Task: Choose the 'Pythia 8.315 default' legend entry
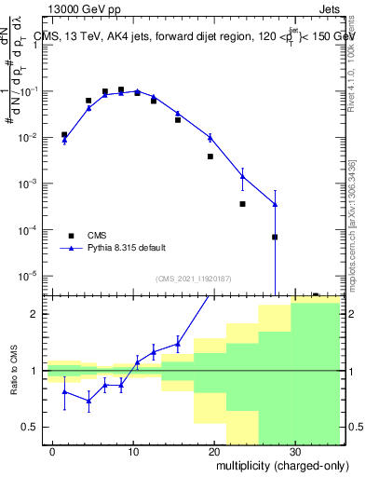115,248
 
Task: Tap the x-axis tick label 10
133,449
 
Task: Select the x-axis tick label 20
213,449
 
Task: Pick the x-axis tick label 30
294,449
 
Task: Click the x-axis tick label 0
53,449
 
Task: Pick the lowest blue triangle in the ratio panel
88,402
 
